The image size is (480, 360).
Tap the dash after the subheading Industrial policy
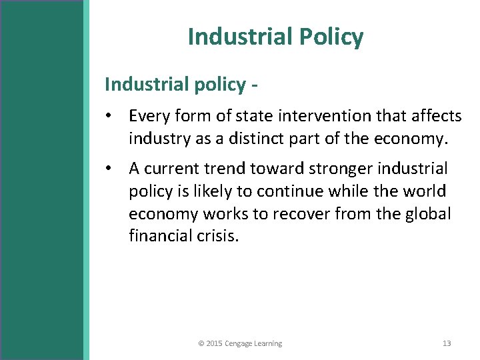255,85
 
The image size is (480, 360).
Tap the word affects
436,117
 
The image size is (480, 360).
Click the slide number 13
447,343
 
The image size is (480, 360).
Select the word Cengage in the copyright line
239,343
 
